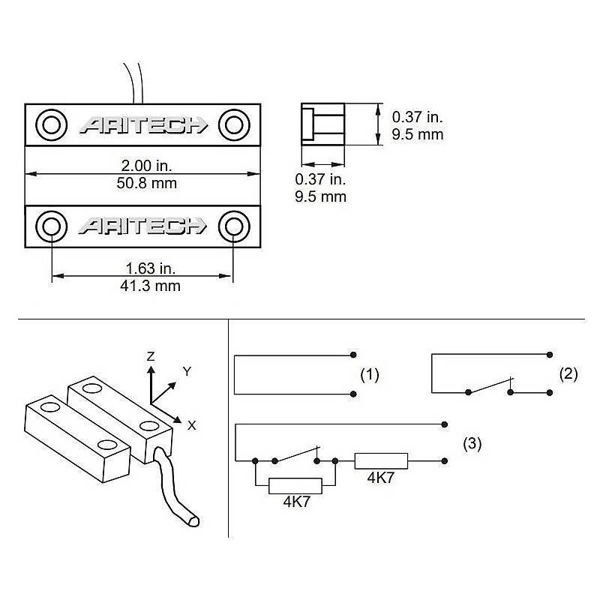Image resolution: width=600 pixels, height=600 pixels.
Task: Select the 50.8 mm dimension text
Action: click(x=142, y=183)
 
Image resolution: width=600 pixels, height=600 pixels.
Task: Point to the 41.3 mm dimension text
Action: click(x=142, y=286)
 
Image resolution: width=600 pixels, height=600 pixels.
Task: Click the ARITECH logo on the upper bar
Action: click(x=142, y=124)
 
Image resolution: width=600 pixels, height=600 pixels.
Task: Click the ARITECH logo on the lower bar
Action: click(x=142, y=226)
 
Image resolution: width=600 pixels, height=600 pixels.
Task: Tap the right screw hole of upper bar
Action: click(x=233, y=124)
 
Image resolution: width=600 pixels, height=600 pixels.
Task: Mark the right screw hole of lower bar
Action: click(x=233, y=226)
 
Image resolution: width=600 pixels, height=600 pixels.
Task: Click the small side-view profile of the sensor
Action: click(x=322, y=124)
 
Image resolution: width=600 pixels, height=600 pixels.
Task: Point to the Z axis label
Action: click(x=151, y=357)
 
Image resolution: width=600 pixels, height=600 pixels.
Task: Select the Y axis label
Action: click(x=187, y=370)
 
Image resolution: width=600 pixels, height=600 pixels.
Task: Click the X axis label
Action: click(x=192, y=424)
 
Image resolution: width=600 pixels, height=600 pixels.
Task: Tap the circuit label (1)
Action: click(x=370, y=375)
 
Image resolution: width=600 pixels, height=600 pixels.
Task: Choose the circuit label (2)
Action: click(x=569, y=373)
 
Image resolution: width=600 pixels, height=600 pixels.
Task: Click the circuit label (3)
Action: click(x=472, y=443)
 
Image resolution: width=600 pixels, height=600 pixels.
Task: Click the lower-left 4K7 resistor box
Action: click(x=295, y=486)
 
